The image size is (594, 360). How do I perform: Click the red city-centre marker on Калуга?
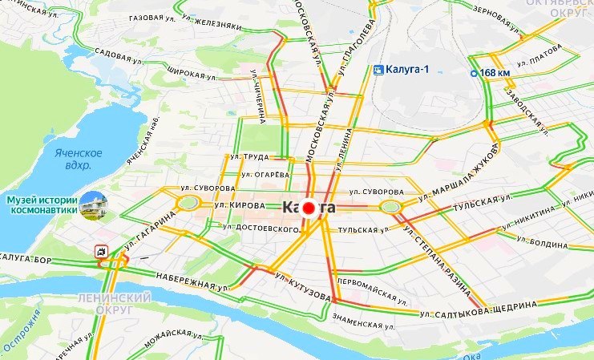[309, 208]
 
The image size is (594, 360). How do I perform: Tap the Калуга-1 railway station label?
[402, 69]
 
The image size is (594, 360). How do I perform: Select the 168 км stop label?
[491, 74]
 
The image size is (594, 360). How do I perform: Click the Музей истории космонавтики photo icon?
[95, 204]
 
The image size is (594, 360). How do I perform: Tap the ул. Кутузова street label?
[303, 286]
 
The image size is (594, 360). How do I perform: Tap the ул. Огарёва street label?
[265, 173]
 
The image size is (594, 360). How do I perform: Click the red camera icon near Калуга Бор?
[101, 251]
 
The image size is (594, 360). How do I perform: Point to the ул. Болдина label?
[548, 242]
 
